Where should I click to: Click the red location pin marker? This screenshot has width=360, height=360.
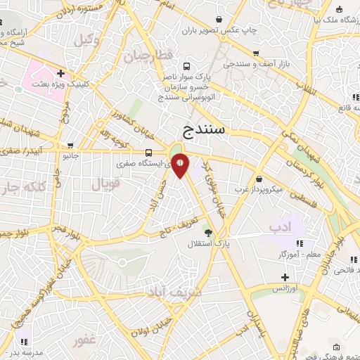pos(180,164)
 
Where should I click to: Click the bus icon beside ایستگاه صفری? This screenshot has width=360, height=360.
pos(148,152)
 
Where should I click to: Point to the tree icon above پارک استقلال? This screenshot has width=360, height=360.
pos(207,231)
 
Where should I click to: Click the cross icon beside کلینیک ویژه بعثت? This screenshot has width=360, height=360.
pos(62,72)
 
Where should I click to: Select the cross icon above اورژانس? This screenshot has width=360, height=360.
pos(285,276)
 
